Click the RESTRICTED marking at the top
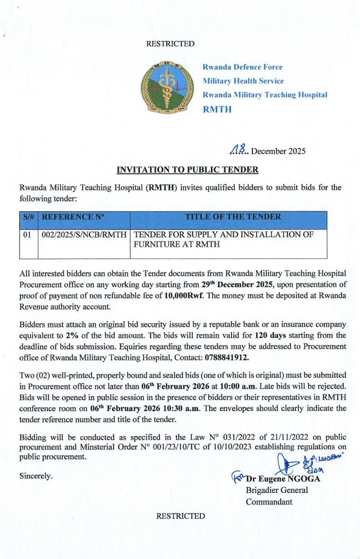coord(170,44)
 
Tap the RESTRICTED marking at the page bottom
coord(180,516)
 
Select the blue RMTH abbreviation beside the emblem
coord(217,109)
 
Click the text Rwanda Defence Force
coord(243,67)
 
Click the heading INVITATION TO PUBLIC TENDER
coord(180,169)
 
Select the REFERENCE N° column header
coord(72,217)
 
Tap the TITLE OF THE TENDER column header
coord(233,217)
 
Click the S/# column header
coord(29,217)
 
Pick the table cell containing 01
coord(28,235)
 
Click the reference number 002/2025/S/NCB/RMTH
coord(84,235)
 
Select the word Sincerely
coord(36,476)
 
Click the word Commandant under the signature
coord(269,502)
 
